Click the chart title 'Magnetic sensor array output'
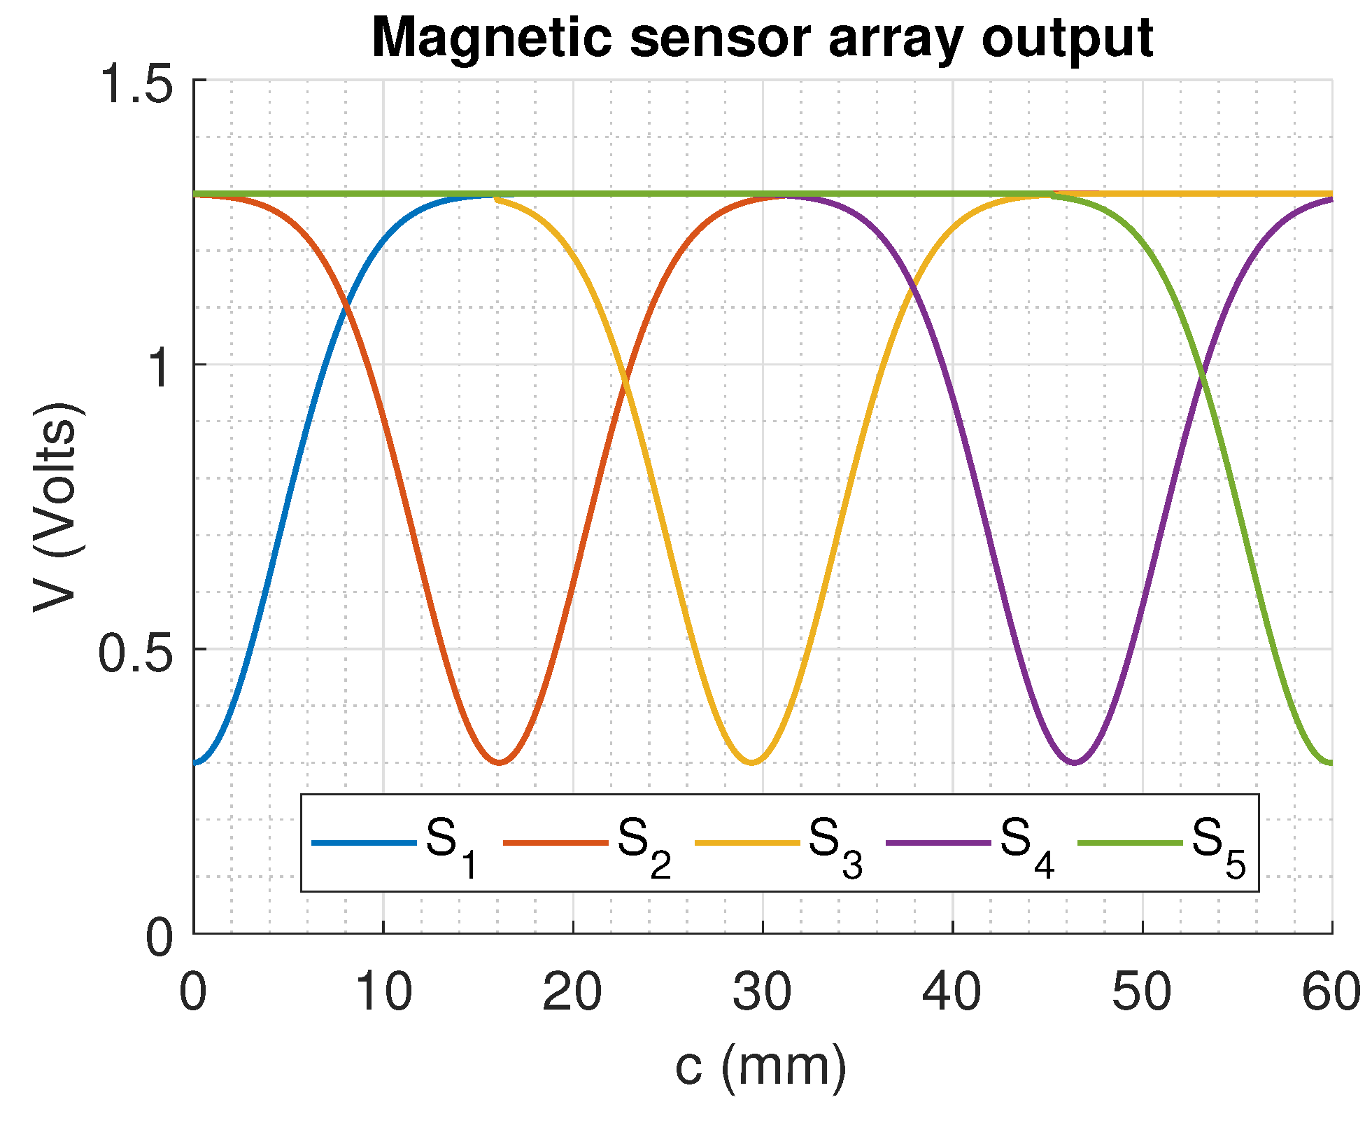pyautogui.click(x=762, y=38)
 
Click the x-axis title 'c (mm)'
pyautogui.click(x=761, y=1067)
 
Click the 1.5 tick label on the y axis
pyautogui.click(x=136, y=81)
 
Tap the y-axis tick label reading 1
pyautogui.click(x=160, y=366)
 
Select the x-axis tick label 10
pyautogui.click(x=383, y=992)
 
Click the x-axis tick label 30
pyautogui.click(x=763, y=992)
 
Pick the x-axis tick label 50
pyautogui.click(x=1142, y=992)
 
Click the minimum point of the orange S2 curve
pyautogui.click(x=499, y=762)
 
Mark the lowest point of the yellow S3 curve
pyautogui.click(x=752, y=762)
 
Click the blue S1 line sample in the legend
pyautogui.click(x=364, y=842)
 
